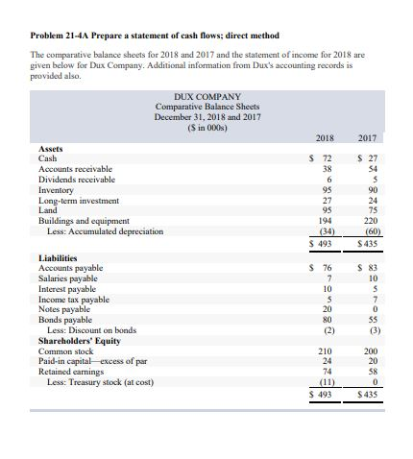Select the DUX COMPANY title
(x=207, y=98)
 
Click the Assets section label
(x=50, y=149)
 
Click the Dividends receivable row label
(x=75, y=180)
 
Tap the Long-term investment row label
(x=77, y=200)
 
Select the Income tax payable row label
(x=75, y=299)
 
